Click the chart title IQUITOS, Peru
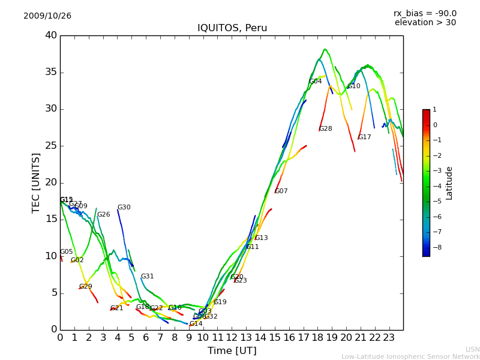pos(232,28)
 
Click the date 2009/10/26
pos(47,16)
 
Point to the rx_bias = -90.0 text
pos(425,13)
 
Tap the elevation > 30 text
pos(425,23)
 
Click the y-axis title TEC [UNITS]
pos(36,182)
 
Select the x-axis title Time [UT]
pos(232,351)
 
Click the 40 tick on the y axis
pos(51,35)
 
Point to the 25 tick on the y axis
pos(51,146)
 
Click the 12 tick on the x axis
pos(232,337)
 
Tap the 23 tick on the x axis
pos(389,337)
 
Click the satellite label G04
pos(316,81)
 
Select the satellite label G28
pos(326,129)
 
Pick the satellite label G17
pos(365,137)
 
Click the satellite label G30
pos(124,208)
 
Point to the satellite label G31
pos(148,277)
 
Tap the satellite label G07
pos(281,191)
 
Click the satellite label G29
pos(86,287)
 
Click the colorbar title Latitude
pos(449,183)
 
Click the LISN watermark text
pos(473,349)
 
